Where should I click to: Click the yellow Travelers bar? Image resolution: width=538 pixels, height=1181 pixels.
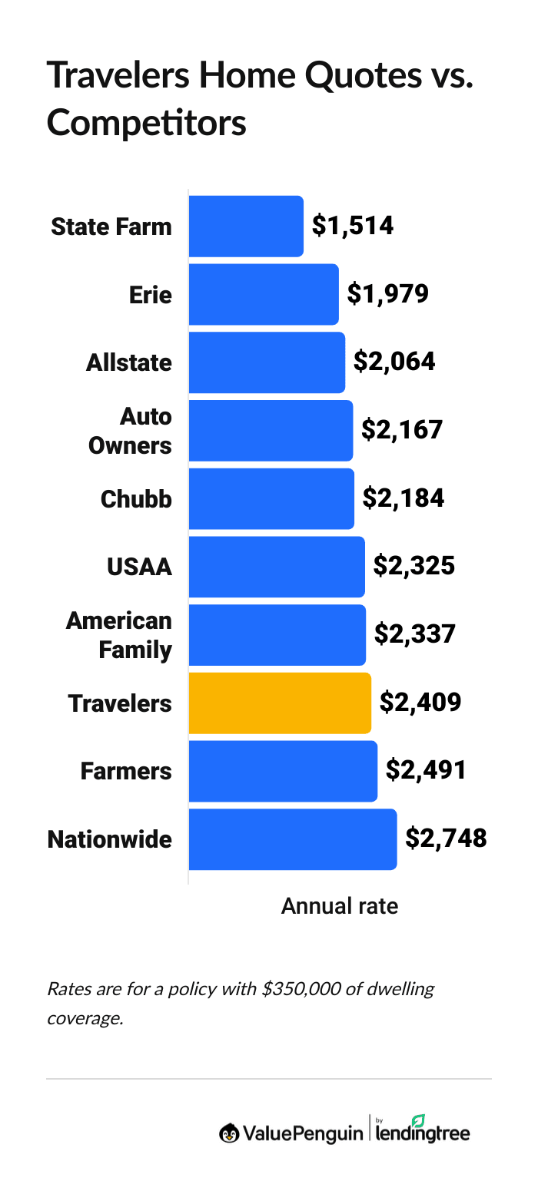coord(280,703)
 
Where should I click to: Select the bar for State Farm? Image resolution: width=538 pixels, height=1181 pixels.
coord(246,226)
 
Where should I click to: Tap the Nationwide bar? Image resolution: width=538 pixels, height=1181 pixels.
coord(292,839)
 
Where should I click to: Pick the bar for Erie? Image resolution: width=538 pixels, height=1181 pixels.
coord(264,294)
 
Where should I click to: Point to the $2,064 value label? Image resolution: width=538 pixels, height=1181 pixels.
coord(394,362)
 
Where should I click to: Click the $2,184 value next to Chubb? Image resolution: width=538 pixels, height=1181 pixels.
coord(403,498)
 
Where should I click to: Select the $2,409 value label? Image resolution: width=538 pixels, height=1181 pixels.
coord(420,703)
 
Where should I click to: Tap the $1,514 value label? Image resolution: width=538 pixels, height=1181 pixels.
coord(353,226)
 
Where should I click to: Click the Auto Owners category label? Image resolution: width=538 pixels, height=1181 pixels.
coord(130,430)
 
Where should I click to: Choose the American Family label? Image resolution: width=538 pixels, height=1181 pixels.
coord(119,634)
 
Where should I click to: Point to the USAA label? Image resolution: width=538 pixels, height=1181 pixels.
coord(139,567)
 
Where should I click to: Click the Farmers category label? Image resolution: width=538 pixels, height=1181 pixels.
coord(126,771)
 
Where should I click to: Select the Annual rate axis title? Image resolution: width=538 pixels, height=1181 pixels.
coord(340,906)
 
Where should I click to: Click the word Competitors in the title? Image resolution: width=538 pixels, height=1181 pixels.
coord(147,123)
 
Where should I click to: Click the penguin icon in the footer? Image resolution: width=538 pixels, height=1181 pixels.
coord(229,1133)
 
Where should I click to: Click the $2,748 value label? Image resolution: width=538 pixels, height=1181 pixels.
coord(447,839)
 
